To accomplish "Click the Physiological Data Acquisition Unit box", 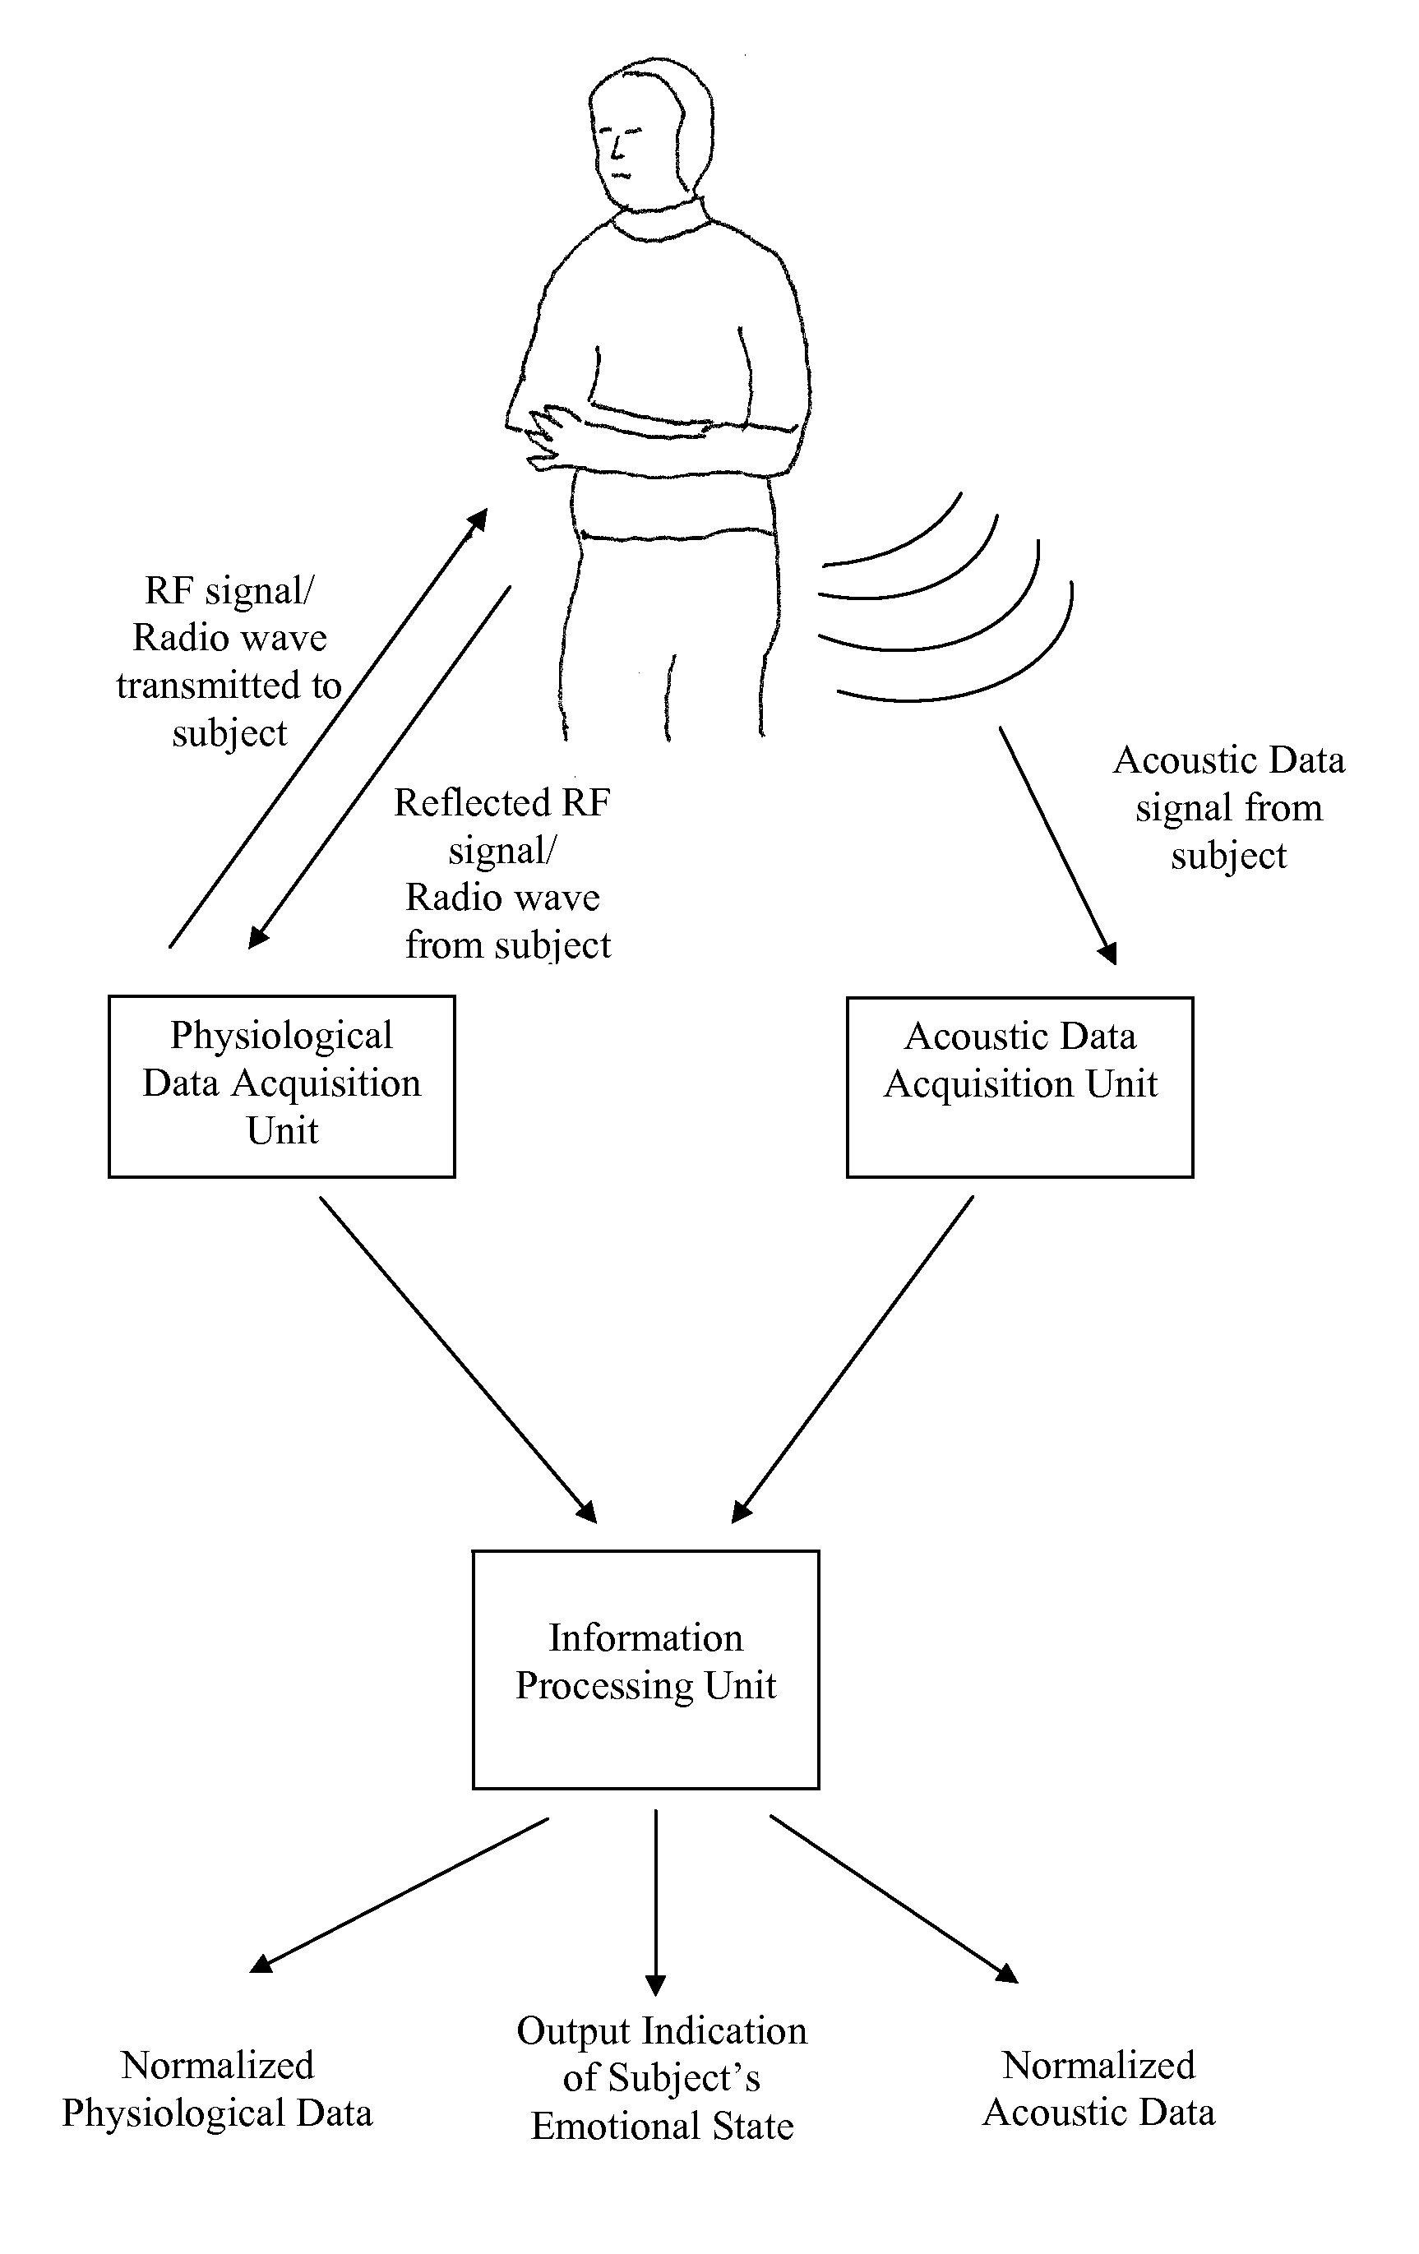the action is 282,1086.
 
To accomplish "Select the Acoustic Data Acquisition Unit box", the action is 1020,1087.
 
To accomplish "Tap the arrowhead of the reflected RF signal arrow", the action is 258,937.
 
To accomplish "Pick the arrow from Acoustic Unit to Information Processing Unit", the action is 853,1359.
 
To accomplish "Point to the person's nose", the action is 617,147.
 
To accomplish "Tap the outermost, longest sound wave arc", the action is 954,642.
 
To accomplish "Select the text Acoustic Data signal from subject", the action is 1229,808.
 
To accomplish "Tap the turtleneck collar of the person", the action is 660,220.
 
